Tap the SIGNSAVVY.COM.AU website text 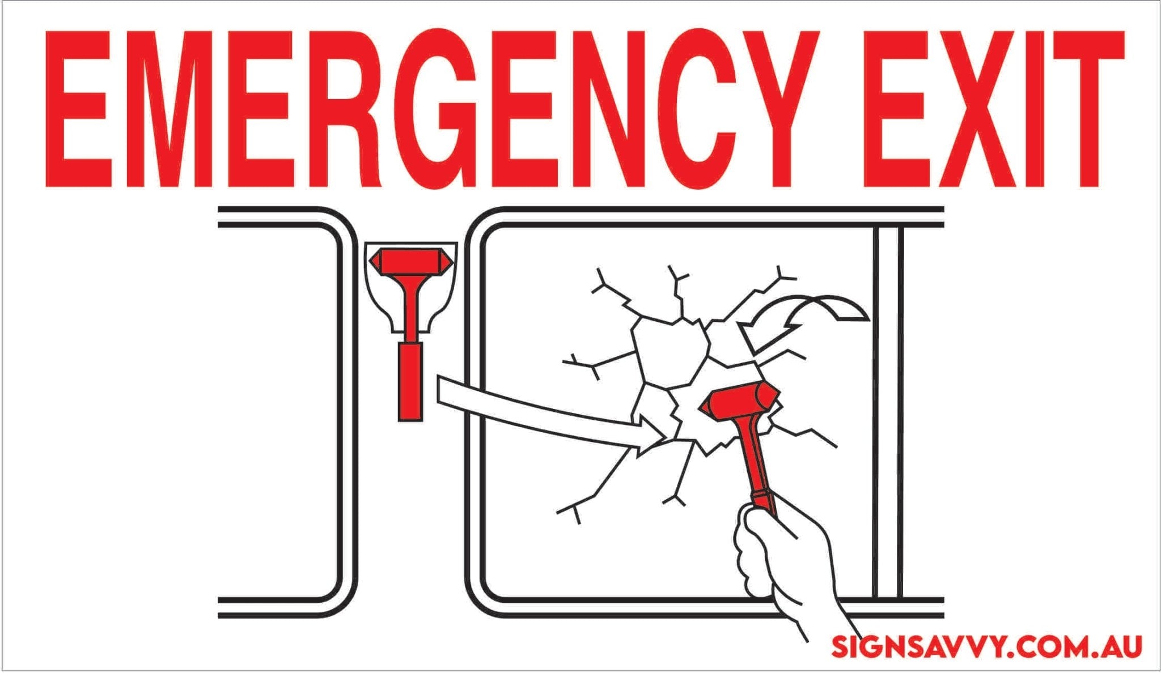[986, 646]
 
